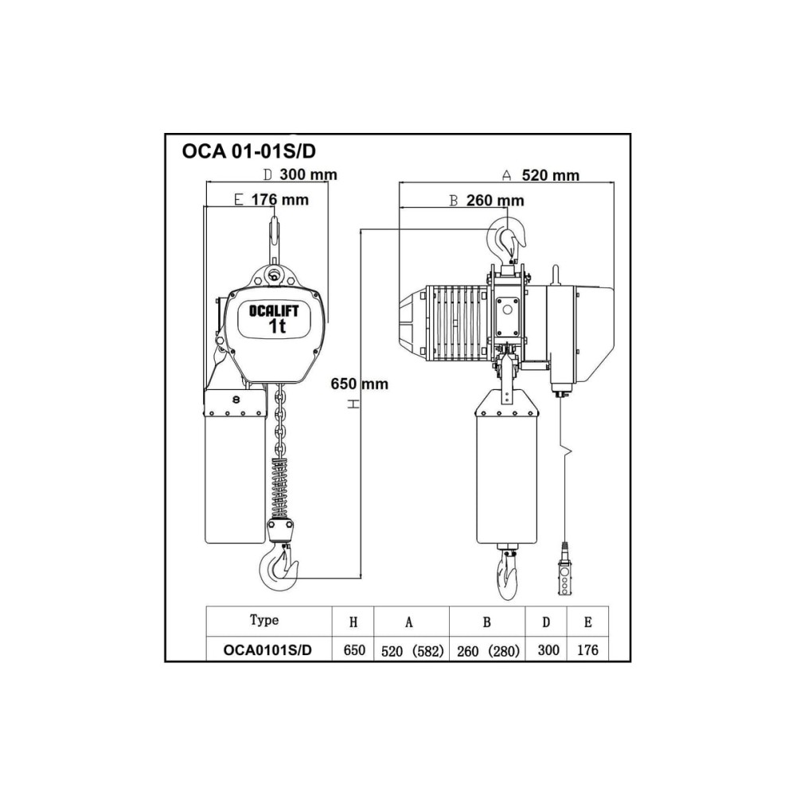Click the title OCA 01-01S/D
(248, 151)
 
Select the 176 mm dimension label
(279, 200)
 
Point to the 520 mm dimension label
(551, 175)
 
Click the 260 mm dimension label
(495, 201)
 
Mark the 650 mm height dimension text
(360, 384)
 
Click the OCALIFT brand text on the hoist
(274, 310)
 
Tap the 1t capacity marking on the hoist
(277, 326)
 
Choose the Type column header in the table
(264, 620)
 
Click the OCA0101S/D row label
(267, 650)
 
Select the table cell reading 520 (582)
(412, 651)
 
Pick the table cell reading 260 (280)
(489, 651)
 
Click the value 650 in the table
(354, 650)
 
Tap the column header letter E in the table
(588, 622)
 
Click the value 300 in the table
(548, 650)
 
